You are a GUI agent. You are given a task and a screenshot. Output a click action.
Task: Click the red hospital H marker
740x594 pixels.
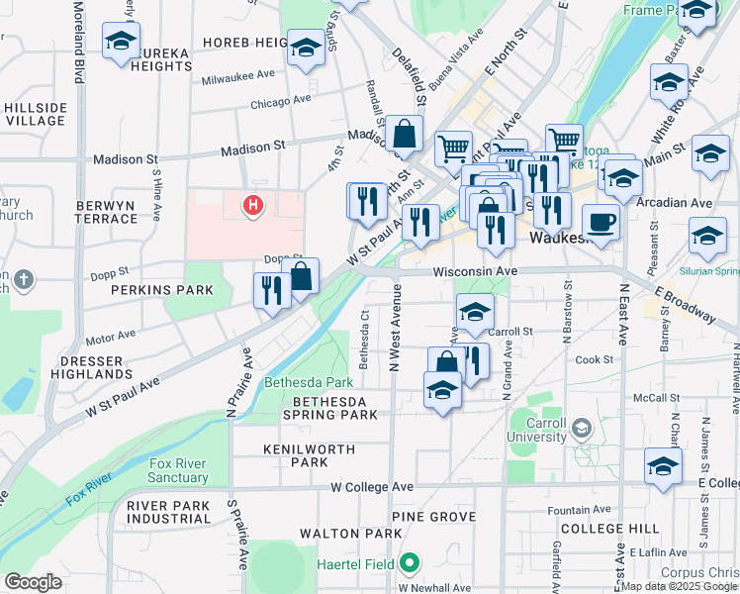(x=253, y=206)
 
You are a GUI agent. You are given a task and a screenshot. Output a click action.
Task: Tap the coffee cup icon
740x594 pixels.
(x=601, y=221)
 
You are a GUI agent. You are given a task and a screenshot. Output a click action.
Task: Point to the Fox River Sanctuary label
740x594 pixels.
(x=179, y=470)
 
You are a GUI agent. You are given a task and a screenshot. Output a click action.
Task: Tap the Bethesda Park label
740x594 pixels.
(x=309, y=382)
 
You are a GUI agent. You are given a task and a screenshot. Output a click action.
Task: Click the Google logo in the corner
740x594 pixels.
(x=32, y=582)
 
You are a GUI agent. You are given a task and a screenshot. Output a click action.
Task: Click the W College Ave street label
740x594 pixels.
(x=372, y=487)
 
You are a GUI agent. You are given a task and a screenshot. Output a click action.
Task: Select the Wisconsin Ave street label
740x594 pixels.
(x=474, y=270)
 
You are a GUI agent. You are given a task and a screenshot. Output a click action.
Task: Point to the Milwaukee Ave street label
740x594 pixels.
(x=237, y=74)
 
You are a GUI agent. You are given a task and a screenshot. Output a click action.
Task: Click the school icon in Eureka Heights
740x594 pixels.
(x=122, y=42)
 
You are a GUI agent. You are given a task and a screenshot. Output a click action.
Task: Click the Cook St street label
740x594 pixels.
(x=595, y=359)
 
